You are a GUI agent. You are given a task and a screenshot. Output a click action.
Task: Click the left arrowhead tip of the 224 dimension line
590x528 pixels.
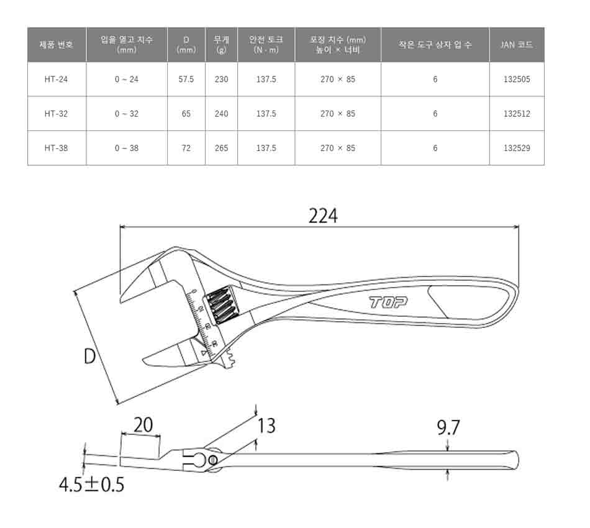[120, 227]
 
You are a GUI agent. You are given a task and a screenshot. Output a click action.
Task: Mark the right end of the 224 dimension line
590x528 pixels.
[519, 227]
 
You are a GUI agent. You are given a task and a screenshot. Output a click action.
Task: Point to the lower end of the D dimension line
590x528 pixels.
[118, 404]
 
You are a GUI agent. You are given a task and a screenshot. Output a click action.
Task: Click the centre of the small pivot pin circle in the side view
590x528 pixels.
[212, 460]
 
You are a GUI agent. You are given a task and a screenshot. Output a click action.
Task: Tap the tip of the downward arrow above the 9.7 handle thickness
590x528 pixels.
[447, 450]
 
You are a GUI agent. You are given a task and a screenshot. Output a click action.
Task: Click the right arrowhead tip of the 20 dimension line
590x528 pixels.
[160, 436]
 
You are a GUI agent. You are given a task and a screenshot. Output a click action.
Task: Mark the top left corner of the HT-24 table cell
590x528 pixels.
[28, 62]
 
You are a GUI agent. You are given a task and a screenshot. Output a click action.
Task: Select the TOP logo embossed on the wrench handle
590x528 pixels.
[388, 302]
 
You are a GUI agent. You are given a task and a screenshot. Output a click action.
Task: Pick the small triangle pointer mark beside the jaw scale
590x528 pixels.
[204, 353]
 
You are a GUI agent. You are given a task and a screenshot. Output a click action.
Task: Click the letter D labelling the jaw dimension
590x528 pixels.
[89, 356]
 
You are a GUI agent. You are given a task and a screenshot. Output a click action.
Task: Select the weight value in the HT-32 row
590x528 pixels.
[221, 114]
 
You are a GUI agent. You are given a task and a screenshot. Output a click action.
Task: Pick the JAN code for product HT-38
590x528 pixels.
[517, 148]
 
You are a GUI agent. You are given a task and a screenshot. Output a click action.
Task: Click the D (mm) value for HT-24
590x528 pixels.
[186, 80]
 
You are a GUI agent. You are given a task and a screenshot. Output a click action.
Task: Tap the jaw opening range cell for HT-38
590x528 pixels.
[127, 148]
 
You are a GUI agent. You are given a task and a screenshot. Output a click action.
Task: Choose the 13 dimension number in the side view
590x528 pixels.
[266, 426]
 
